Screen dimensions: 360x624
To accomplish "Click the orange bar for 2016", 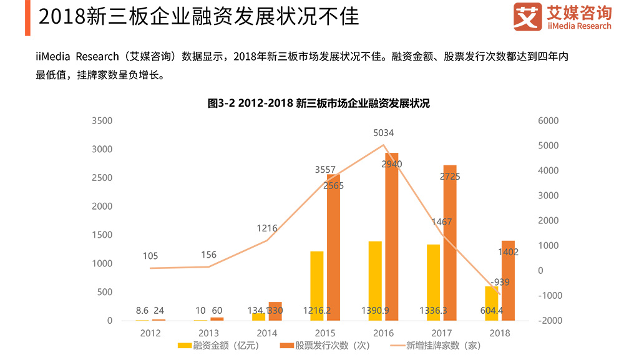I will click(392, 237).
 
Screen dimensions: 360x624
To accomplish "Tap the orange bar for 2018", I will click(509, 281).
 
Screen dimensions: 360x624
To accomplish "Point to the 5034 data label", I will click(383, 133).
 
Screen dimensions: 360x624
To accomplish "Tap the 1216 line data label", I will click(266, 228).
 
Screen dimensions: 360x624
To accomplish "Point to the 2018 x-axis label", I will click(500, 333).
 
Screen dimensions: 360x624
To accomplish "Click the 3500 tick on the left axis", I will click(102, 120).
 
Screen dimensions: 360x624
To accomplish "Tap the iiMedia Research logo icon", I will click(527, 17).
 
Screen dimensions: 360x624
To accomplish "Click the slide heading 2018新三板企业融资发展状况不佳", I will click(198, 17).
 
